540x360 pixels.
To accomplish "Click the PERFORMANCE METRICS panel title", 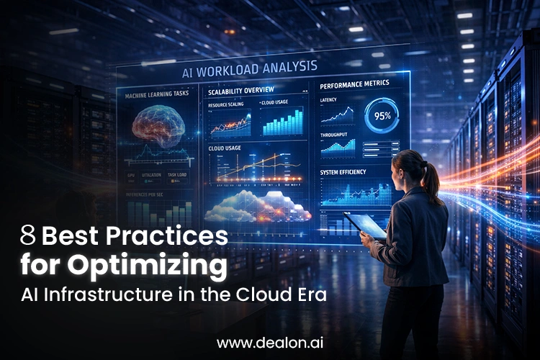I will [x=354, y=84].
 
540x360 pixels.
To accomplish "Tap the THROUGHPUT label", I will [x=335, y=134].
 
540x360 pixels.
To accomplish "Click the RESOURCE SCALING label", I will [x=226, y=105].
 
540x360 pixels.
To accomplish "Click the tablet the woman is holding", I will [x=365, y=225].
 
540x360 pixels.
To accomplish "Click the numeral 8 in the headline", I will [x=28, y=235].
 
